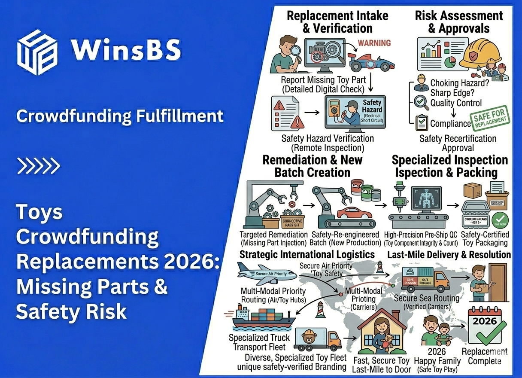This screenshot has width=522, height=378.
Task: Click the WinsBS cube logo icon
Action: pyautogui.click(x=38, y=52)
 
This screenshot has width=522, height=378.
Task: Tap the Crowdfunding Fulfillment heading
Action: pyautogui.click(x=120, y=116)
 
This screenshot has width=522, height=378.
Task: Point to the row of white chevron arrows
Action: pyautogui.click(x=38, y=165)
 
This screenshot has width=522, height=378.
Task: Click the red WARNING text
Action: pyautogui.click(x=374, y=43)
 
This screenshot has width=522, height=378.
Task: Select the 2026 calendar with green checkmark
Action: pyautogui.click(x=484, y=326)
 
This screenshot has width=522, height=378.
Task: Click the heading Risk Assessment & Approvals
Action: pyautogui.click(x=458, y=22)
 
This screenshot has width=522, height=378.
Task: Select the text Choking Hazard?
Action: pyautogui.click(x=460, y=83)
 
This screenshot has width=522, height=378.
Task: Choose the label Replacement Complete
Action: pyautogui.click(x=484, y=356)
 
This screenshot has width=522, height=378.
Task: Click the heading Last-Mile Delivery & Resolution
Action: pyautogui.click(x=449, y=255)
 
